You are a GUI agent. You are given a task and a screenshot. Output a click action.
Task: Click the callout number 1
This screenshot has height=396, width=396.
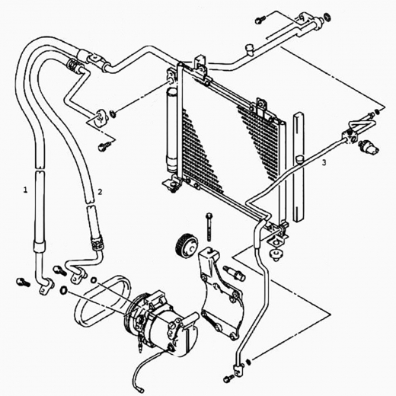25,190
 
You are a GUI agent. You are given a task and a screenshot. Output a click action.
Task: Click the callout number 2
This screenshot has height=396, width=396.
100,192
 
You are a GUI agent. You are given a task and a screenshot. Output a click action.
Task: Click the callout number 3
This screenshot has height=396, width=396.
324,163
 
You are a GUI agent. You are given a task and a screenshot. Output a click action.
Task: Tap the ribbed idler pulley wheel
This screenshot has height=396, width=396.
186,247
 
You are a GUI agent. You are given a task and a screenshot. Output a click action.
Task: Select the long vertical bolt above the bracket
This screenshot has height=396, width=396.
209,227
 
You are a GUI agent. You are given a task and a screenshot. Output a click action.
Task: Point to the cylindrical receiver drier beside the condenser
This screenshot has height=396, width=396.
171,130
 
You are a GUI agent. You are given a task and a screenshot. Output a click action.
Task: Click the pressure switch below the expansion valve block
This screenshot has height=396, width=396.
369,147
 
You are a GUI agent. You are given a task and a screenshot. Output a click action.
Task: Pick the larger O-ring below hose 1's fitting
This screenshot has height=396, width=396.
63,290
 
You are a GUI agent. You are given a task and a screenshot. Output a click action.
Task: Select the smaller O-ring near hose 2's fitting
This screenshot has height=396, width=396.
94,280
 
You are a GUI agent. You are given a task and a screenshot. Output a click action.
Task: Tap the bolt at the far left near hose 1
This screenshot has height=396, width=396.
23,283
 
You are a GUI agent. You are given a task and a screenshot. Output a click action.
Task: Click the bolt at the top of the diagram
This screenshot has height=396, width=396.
260,20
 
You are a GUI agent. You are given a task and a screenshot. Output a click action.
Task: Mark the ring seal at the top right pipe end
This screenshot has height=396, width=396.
327,17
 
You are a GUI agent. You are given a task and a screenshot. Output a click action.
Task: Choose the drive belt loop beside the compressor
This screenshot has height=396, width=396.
102,302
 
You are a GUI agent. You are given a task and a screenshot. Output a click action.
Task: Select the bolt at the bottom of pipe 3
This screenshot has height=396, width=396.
229,379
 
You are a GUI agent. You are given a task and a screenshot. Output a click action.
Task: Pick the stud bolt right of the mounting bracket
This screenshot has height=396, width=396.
234,273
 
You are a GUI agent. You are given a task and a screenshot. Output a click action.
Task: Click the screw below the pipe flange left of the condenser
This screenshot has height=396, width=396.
104,146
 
